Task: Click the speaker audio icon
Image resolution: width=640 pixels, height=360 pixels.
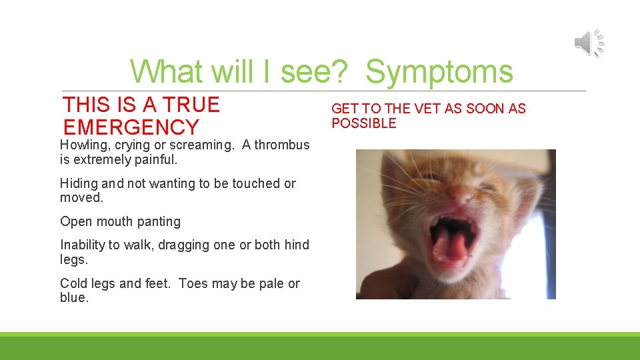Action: coord(589,44)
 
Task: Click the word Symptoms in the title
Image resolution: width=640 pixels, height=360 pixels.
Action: coord(439,72)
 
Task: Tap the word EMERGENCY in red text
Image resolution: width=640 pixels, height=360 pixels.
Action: coord(131,127)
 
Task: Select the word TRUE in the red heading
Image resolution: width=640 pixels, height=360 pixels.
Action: coord(192,105)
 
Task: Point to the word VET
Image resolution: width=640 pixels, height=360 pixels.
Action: coord(428,109)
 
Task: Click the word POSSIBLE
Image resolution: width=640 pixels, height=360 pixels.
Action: coord(363,123)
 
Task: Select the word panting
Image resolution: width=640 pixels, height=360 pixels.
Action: coord(159,222)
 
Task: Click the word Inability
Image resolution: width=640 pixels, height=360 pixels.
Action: coord(83,245)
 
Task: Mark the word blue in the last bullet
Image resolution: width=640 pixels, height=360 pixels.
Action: coord(73,298)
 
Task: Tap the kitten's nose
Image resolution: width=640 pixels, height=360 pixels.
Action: coord(459,194)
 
